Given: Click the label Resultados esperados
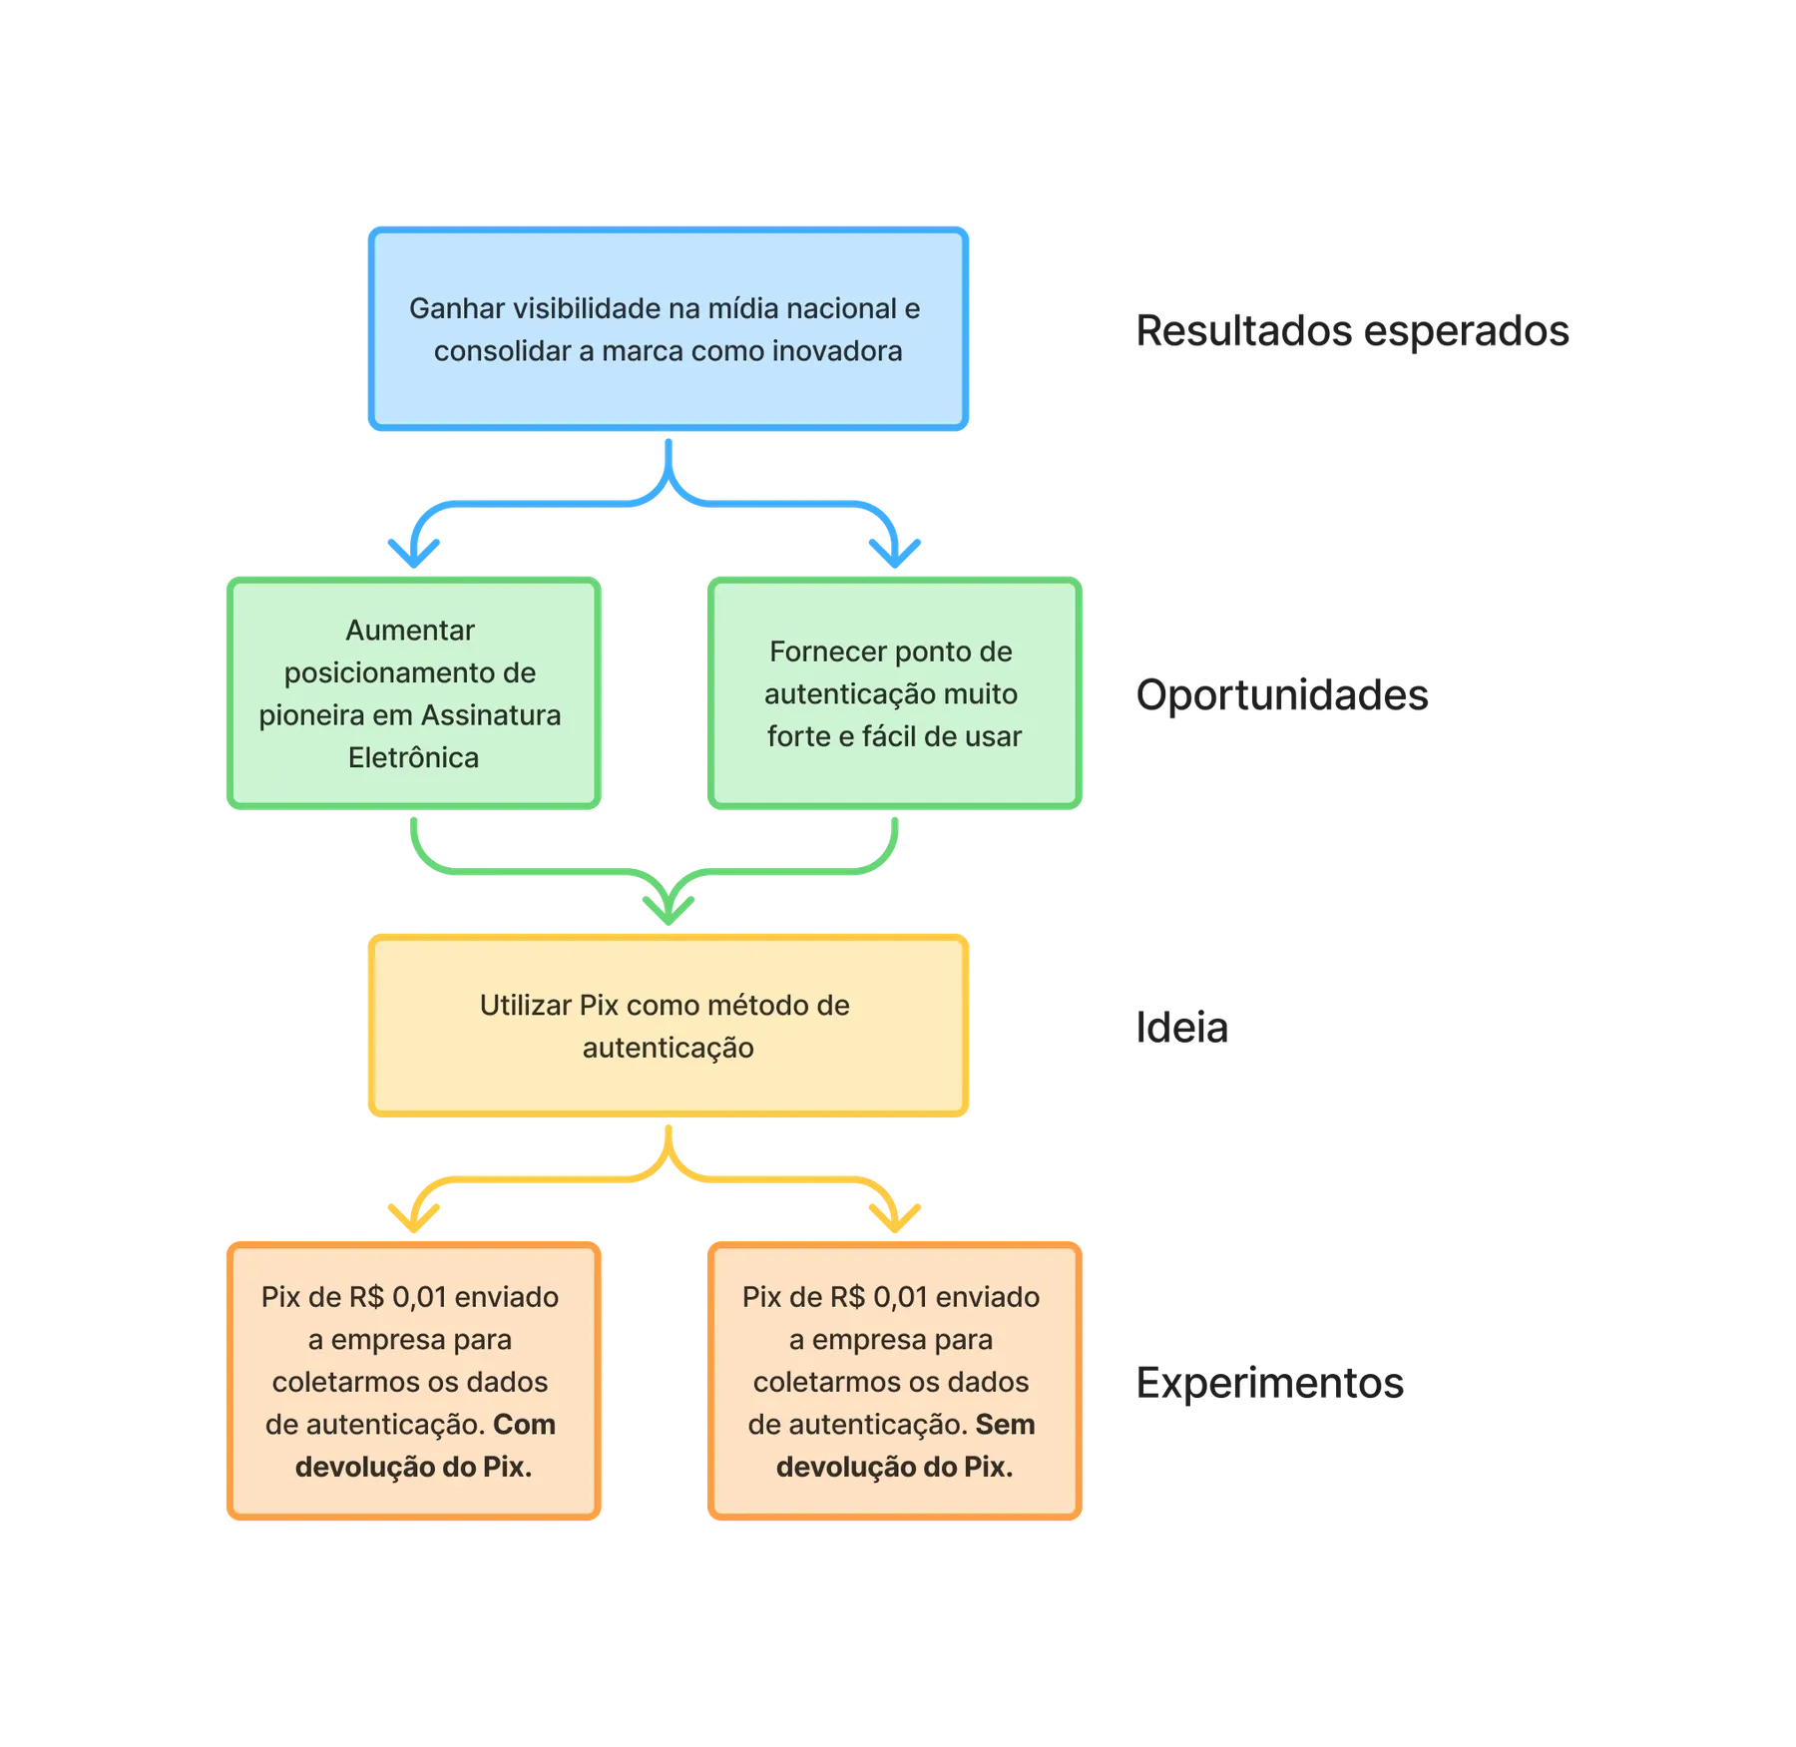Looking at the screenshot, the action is click(x=1352, y=330).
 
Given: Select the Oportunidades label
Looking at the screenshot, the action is click(x=1282, y=694).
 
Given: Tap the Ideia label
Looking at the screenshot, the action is click(x=1181, y=1027).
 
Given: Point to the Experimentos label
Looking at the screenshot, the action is click(x=1270, y=1383).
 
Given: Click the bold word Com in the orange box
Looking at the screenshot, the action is click(x=524, y=1425).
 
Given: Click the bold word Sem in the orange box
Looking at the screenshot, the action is click(x=1005, y=1425).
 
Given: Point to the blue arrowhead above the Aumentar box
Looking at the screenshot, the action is click(x=414, y=554).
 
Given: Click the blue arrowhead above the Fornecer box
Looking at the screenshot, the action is click(x=895, y=554).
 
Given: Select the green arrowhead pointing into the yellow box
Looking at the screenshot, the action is click(x=669, y=910).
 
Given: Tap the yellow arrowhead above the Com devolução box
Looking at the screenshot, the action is click(x=414, y=1218).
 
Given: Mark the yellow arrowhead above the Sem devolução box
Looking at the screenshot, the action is click(x=895, y=1218).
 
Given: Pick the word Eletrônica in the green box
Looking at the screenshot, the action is click(x=413, y=758).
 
